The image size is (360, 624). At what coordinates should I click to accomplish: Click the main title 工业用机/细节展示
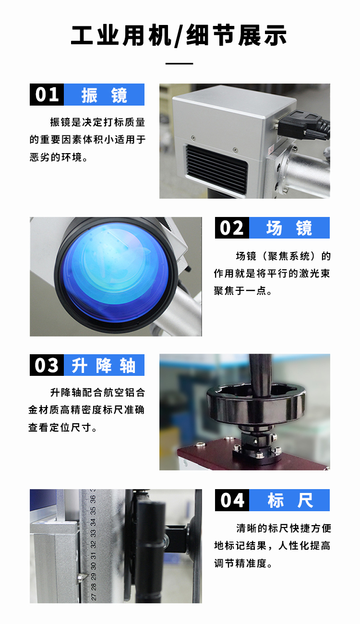179,36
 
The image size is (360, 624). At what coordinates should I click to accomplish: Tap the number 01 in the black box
47,95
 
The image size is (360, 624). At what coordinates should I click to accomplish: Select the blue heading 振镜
104,95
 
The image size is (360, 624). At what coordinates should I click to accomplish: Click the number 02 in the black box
231,228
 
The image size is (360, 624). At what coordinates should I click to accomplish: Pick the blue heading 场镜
289,228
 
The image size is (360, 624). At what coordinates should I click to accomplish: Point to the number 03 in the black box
47,365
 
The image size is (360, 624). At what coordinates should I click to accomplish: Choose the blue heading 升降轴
104,365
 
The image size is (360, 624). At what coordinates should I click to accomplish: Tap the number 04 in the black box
232,500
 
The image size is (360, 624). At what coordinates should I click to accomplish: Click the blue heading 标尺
290,500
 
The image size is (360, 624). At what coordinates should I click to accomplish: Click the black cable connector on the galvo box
302,125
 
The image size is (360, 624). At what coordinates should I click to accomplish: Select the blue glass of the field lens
115,273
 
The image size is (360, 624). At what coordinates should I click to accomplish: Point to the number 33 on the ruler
93,533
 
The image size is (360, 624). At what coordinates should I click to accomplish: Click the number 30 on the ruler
93,566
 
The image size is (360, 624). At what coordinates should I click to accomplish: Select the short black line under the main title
179,64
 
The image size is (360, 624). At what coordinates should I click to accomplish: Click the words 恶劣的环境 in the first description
56,157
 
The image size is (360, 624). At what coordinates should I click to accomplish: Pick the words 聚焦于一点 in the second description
240,291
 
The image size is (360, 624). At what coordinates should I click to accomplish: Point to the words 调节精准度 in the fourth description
240,564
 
